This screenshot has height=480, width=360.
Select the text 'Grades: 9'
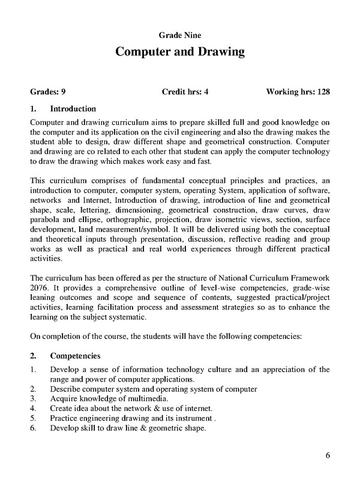[48, 93]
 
